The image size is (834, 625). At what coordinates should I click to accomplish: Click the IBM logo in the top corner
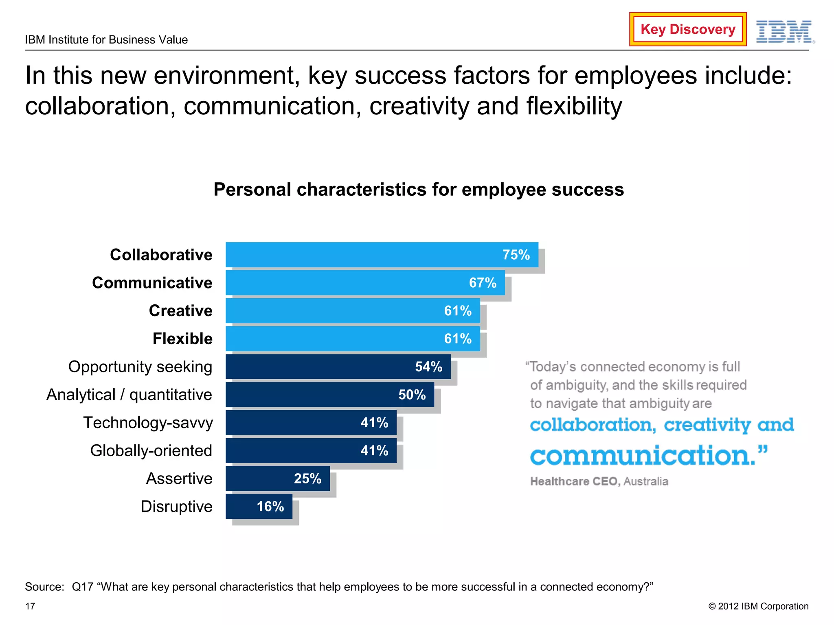pos(784,32)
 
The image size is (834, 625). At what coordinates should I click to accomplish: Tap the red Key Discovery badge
pos(687,29)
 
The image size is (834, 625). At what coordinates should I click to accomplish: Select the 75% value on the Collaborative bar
pos(516,255)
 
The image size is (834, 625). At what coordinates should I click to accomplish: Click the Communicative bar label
pos(152,283)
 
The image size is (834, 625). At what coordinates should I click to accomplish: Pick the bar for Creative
pos(352,311)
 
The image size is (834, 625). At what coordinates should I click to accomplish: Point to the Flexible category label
pos(182,339)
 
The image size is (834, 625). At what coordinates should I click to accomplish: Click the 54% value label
pos(428,367)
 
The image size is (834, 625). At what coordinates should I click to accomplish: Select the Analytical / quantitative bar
pos(329,395)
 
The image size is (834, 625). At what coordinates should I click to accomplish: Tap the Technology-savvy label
pos(148,423)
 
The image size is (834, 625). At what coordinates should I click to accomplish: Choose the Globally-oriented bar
pos(311,450)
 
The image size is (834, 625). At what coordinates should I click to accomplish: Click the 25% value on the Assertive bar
pos(307,479)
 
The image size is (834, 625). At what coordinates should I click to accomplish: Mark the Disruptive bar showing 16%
pos(259,507)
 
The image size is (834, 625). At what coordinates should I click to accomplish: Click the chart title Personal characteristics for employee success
pos(418,190)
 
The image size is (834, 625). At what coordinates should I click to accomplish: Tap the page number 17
pos(30,606)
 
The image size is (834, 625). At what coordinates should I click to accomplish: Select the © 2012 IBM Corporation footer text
pos(758,606)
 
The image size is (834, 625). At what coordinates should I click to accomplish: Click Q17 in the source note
pos(82,587)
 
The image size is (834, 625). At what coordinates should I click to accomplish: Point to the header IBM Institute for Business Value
pos(106,40)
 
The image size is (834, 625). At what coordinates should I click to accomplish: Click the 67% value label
pos(482,283)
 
